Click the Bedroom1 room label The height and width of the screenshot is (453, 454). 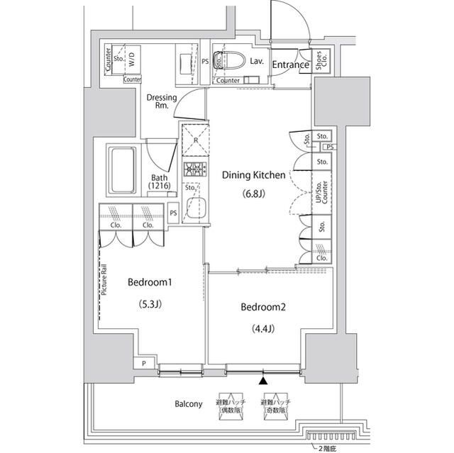click(150, 282)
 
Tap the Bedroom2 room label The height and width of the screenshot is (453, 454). click(262, 307)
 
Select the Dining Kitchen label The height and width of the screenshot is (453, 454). click(254, 174)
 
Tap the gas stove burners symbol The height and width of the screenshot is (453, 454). click(194, 169)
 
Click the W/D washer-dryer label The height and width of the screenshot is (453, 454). click(133, 62)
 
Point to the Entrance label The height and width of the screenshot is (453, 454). click(290, 65)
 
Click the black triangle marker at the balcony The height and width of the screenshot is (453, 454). click(264, 381)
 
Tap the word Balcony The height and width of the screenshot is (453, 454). click(189, 404)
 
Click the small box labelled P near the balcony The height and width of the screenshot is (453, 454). click(145, 364)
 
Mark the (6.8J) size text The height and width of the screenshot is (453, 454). click(254, 194)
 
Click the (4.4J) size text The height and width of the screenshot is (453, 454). click(262, 328)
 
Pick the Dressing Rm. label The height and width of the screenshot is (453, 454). click(161, 102)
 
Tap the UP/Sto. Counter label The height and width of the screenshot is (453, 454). click(321, 188)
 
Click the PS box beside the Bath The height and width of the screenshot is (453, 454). click(173, 211)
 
